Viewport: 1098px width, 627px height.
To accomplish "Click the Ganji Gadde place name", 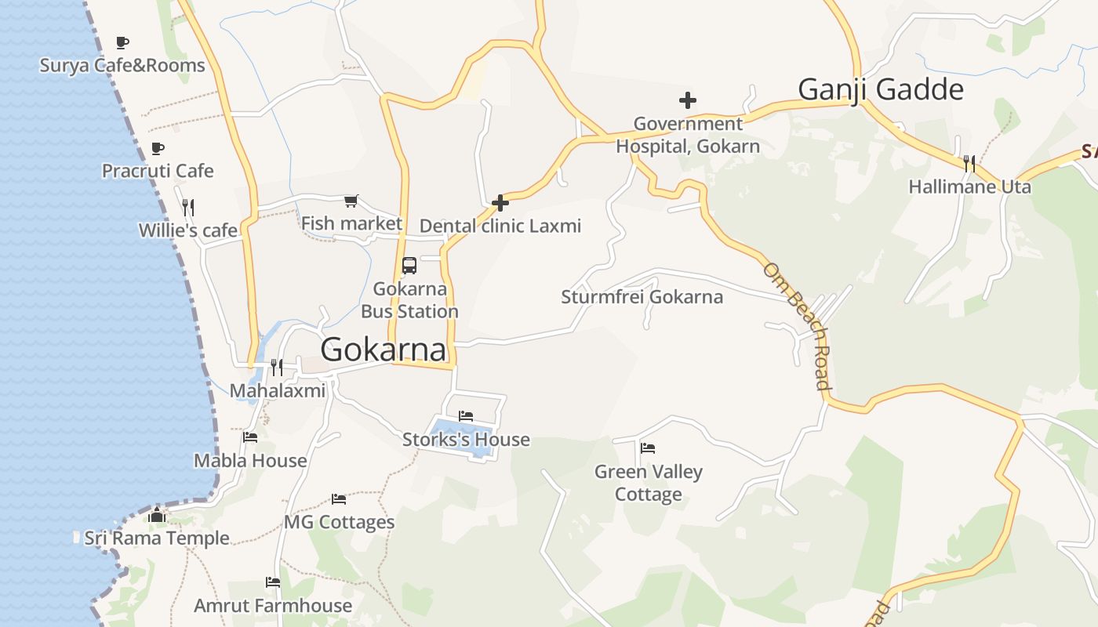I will (x=880, y=89).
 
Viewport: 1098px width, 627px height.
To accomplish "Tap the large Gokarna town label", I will (x=384, y=350).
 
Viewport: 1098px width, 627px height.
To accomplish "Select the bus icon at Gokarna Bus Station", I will (x=409, y=266).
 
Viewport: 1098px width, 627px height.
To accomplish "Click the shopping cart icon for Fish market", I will (x=351, y=201).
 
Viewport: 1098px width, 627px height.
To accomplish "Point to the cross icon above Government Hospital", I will (x=688, y=100).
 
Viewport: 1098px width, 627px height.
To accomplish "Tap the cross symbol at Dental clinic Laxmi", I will (x=500, y=204).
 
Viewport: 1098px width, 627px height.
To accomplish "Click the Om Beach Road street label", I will (x=797, y=325).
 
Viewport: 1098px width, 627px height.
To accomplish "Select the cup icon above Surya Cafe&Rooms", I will (x=122, y=42).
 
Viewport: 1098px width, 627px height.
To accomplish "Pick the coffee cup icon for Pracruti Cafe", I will (x=158, y=148).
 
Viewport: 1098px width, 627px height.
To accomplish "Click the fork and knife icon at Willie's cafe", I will (x=188, y=208).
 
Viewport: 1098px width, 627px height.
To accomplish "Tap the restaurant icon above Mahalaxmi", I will (x=277, y=367).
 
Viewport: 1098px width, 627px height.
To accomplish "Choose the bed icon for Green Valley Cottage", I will (x=648, y=448).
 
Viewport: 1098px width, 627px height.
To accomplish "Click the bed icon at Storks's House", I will (x=466, y=416).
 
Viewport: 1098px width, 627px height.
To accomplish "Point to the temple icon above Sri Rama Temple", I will (x=157, y=515).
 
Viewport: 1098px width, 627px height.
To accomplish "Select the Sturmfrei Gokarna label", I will (x=642, y=297).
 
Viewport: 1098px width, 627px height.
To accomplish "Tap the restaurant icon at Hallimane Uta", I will (x=969, y=163).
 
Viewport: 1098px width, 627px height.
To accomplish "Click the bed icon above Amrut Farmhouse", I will (x=273, y=582).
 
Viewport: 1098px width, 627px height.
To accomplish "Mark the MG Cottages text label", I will (x=339, y=522).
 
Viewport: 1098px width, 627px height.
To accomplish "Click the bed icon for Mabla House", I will (x=250, y=437).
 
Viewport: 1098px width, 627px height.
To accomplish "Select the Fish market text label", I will (x=351, y=223).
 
